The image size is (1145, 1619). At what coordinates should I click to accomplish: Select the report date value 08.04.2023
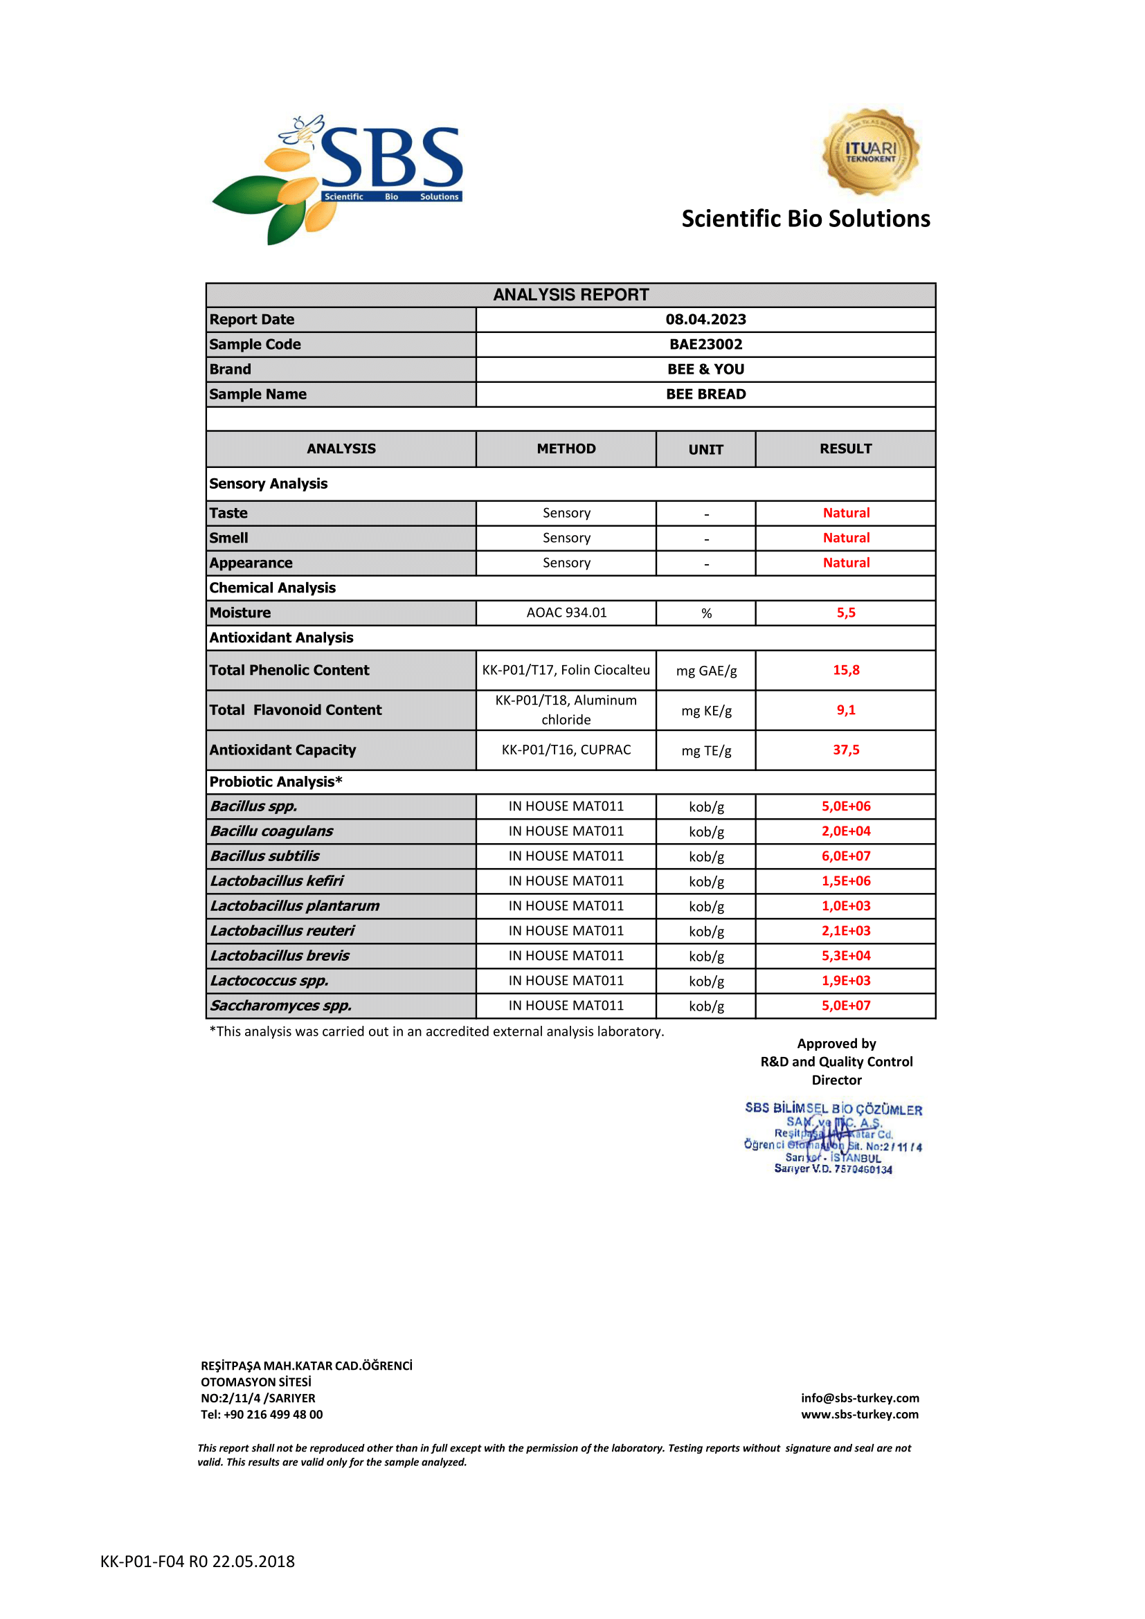[x=705, y=319]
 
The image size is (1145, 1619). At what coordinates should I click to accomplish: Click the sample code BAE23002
[x=705, y=344]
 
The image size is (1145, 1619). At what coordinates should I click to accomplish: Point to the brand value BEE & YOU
[x=705, y=370]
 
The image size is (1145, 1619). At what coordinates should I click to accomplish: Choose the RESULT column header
[x=845, y=449]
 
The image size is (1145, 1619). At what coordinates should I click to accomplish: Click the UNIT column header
[x=705, y=449]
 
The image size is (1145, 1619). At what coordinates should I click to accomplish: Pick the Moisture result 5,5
[x=845, y=613]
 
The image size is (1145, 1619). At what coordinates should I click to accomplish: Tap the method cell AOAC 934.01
[x=566, y=613]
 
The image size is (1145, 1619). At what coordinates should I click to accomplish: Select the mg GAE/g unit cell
[x=705, y=671]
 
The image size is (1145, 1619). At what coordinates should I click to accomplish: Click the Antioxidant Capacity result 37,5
[x=845, y=750]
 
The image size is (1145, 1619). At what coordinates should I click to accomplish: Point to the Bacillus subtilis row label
[x=264, y=856]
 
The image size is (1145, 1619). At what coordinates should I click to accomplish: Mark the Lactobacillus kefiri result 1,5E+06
[x=845, y=880]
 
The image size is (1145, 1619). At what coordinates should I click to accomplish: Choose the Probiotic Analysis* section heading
[x=276, y=781]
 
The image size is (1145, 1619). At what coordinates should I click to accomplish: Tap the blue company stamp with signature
[x=833, y=1138]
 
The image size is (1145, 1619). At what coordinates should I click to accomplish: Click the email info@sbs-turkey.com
[x=860, y=1398]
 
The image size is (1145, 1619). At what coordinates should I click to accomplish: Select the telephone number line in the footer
[x=262, y=1414]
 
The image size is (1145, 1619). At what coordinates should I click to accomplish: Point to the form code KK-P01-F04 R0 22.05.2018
[x=197, y=1561]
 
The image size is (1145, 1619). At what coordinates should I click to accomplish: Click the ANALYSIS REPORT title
[x=570, y=295]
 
